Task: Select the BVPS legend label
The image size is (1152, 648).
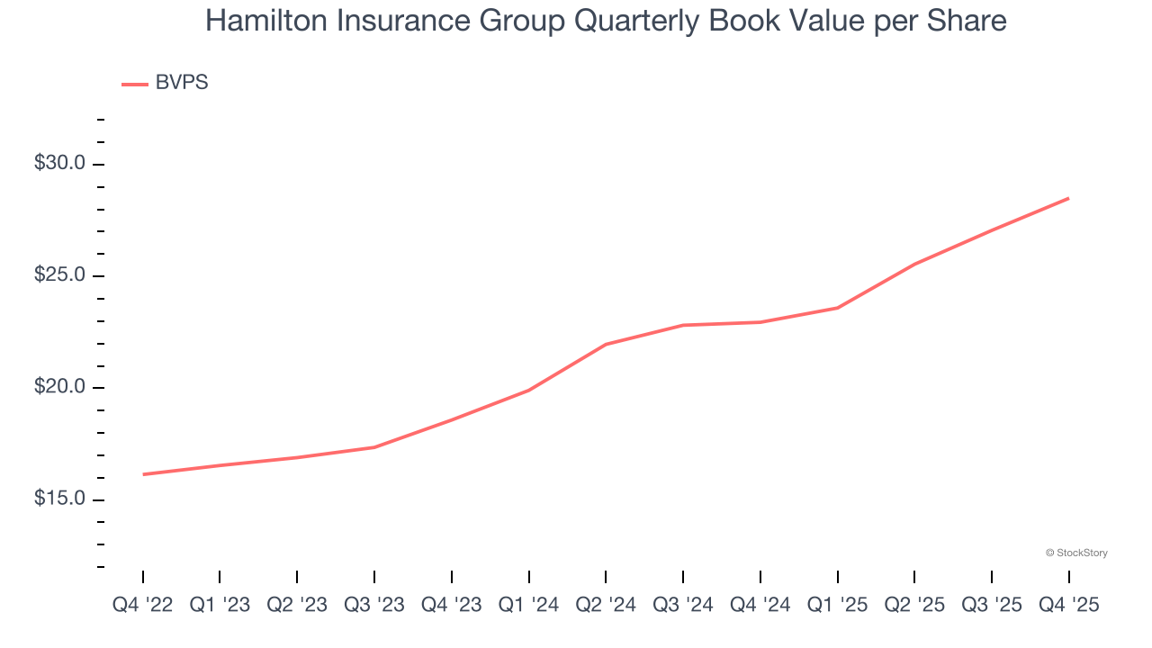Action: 182,83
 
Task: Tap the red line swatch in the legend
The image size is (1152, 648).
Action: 135,84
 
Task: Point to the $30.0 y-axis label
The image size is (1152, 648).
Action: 59,164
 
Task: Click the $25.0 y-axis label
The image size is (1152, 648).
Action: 59,275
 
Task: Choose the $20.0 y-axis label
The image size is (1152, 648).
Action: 59,387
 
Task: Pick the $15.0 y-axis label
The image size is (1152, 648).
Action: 59,499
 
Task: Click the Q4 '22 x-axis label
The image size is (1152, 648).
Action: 142,606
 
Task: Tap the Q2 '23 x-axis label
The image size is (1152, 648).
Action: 297,606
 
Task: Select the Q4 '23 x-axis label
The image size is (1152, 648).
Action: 452,606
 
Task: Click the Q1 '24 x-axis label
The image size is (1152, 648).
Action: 528,606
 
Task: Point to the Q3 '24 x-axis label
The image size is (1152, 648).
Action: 683,606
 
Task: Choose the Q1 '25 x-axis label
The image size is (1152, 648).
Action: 838,606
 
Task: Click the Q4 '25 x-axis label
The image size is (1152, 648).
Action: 1069,606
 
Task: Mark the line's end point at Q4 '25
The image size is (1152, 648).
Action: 1069,198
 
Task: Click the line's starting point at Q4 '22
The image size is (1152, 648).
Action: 143,474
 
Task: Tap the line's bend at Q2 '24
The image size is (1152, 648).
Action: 606,344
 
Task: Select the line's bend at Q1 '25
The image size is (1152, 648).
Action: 838,308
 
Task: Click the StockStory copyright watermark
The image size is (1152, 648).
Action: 1076,553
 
